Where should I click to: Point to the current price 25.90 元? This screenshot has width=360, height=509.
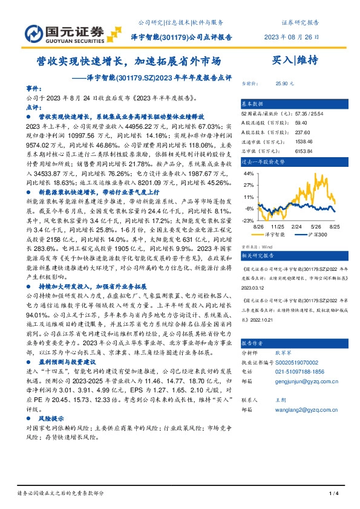pos(284,84)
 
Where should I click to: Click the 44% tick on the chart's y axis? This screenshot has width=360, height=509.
pos(248,173)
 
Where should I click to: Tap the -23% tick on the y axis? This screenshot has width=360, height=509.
pos(248,221)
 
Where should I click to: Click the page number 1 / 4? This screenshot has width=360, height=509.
pos(332,495)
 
